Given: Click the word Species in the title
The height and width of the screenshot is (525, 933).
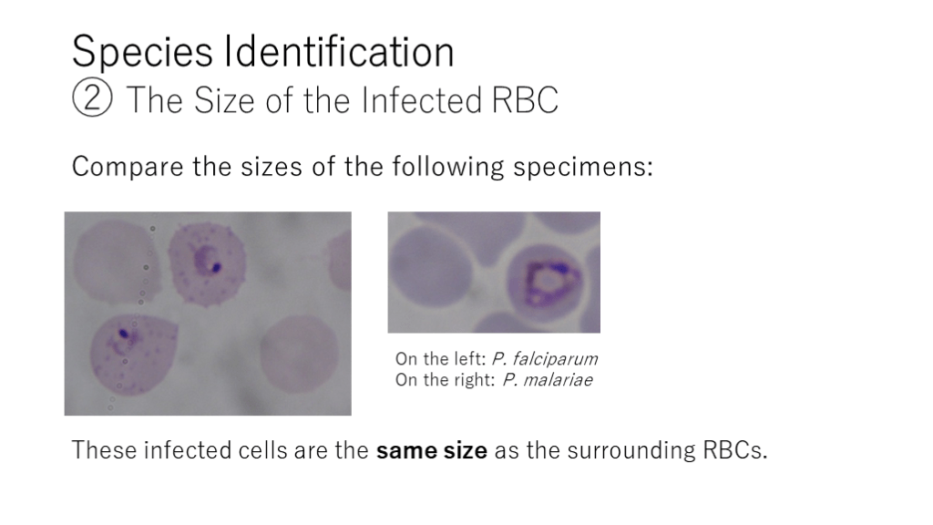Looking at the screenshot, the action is [x=142, y=52].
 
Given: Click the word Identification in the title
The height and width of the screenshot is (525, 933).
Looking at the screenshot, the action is [x=339, y=51].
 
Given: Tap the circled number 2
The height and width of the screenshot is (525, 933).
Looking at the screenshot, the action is [x=92, y=98].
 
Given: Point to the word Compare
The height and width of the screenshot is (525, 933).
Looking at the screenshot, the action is [x=128, y=167].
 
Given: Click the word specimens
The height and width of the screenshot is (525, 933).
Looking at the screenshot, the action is [x=583, y=167].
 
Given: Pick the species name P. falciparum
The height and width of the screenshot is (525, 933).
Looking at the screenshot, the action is [x=545, y=359].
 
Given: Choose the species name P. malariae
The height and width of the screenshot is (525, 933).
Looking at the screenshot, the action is [x=548, y=380].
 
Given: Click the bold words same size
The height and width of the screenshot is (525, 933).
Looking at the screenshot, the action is [x=431, y=450].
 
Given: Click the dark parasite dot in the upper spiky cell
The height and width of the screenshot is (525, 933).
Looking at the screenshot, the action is [x=217, y=267].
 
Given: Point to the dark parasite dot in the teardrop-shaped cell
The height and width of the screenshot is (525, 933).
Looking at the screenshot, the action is [x=123, y=334].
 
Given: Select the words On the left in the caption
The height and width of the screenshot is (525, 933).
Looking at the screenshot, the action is [x=441, y=359].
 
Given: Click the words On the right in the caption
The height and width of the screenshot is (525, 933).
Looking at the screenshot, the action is [x=445, y=380].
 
